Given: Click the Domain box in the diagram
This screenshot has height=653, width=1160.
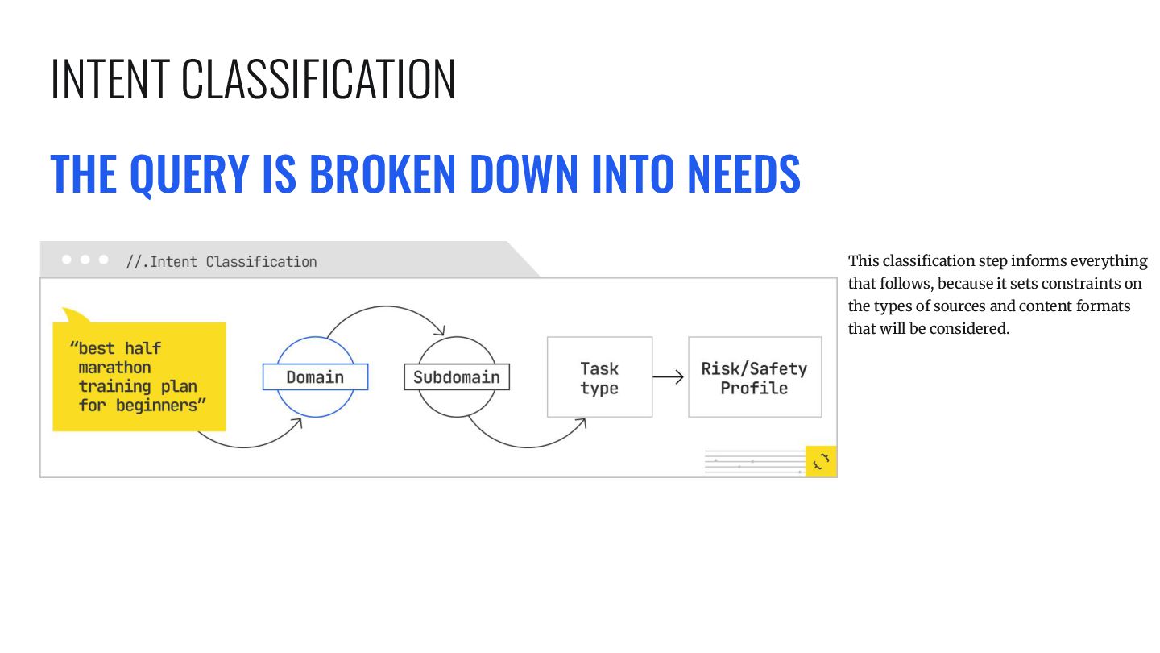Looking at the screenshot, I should (315, 377).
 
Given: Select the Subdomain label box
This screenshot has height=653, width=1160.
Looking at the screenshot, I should (457, 377).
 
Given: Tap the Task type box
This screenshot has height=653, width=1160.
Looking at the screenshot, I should (599, 377).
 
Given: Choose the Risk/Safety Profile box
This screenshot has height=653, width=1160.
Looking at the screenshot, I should (754, 377).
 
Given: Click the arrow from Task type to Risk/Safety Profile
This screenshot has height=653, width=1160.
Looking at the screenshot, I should (669, 376).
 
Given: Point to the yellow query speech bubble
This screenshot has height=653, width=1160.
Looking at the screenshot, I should (139, 376).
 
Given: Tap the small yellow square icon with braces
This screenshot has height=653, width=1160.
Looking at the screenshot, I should (821, 461).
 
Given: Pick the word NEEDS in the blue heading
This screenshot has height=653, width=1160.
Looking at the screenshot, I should (743, 173).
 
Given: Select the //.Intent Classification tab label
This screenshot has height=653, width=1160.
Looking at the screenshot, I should (222, 261).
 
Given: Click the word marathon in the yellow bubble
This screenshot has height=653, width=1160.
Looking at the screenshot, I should (114, 368).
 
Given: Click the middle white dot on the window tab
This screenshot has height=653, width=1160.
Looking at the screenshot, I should (85, 260).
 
